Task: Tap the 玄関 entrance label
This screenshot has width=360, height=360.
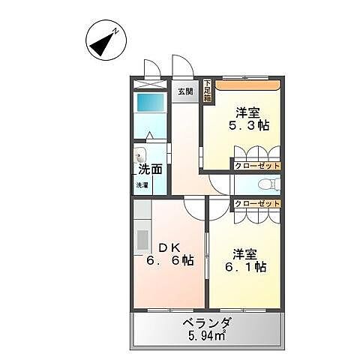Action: (185, 91)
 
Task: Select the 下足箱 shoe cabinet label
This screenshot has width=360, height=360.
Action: (207, 91)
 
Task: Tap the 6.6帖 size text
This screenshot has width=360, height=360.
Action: (172, 261)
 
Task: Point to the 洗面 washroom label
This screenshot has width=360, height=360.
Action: (148, 169)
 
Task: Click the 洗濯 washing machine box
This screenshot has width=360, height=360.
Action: (142, 185)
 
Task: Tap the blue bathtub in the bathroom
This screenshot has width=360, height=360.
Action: (151, 103)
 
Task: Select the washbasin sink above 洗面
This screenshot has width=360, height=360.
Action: (140, 156)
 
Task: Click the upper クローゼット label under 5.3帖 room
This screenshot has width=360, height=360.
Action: (256, 165)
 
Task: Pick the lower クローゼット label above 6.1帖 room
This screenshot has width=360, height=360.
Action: (256, 203)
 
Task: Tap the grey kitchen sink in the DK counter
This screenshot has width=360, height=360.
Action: (142, 241)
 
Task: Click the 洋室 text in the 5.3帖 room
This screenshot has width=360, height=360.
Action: (247, 112)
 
